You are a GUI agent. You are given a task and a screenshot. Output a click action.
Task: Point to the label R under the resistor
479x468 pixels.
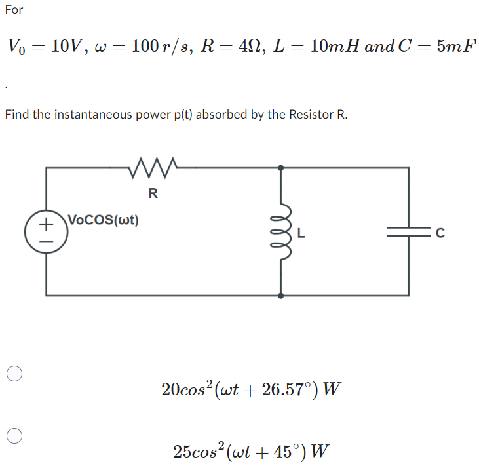153,193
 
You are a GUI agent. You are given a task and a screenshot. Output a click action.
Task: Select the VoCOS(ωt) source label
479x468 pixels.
104,219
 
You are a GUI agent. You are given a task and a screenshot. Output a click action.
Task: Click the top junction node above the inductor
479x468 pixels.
282,168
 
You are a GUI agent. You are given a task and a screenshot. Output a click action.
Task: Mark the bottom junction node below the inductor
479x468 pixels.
282,296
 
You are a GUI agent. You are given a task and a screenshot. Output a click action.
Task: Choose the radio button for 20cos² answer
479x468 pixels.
16,374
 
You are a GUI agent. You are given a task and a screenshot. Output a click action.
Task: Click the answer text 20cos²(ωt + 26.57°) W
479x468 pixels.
251,389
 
